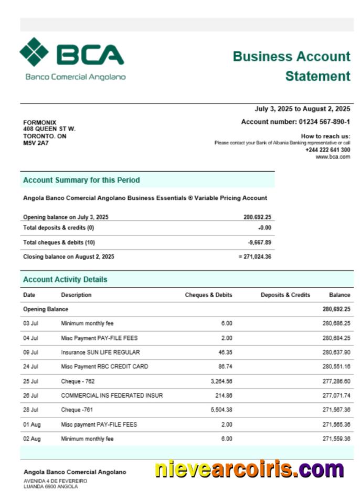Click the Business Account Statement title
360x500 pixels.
pyautogui.click(x=291, y=66)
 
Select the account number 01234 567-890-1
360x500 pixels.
pyautogui.click(x=324, y=122)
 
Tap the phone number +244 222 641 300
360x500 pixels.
pyautogui.click(x=327, y=150)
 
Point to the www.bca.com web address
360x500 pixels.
pyautogui.click(x=333, y=157)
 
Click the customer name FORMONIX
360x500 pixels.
pyautogui.click(x=40, y=123)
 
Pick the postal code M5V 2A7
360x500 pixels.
pyautogui.click(x=36, y=143)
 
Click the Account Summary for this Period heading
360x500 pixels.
pyautogui.click(x=81, y=180)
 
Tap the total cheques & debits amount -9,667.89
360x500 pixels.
pyautogui.click(x=259, y=242)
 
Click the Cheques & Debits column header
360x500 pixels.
pyautogui.click(x=208, y=295)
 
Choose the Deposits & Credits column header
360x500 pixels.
pyautogui.click(x=285, y=295)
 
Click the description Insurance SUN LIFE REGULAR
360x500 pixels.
pyautogui.click(x=100, y=352)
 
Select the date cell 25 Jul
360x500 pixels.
pyautogui.click(x=30, y=381)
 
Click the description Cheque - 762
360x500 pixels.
pyautogui.click(x=78, y=381)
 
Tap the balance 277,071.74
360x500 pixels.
pyautogui.click(x=336, y=396)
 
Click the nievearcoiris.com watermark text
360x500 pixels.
pyautogui.click(x=249, y=469)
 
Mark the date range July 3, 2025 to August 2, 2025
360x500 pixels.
pyautogui.click(x=302, y=109)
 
